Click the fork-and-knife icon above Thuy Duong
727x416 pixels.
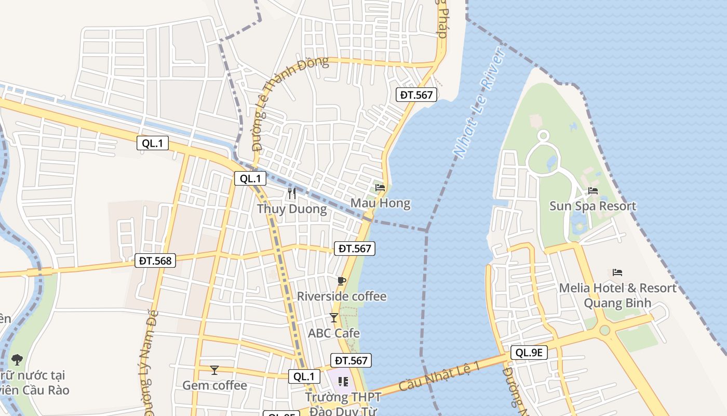(292, 193)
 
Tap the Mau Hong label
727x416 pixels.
(381, 203)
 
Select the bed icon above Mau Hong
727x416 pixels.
(380, 187)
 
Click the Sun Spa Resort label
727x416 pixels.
(593, 206)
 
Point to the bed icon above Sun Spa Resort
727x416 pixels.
(593, 191)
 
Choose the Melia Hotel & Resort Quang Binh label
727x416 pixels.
(617, 295)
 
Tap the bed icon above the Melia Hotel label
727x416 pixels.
(617, 272)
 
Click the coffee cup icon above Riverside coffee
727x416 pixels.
(341, 281)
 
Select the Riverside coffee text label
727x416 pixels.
(342, 296)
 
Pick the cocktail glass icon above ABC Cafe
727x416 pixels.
(334, 317)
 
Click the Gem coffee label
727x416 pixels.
(214, 385)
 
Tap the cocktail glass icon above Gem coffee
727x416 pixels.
(214, 370)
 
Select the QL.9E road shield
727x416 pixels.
(529, 353)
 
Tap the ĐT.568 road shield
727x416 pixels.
(155, 261)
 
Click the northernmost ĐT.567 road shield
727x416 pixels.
(416, 95)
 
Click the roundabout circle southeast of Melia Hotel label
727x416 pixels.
(604, 330)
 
